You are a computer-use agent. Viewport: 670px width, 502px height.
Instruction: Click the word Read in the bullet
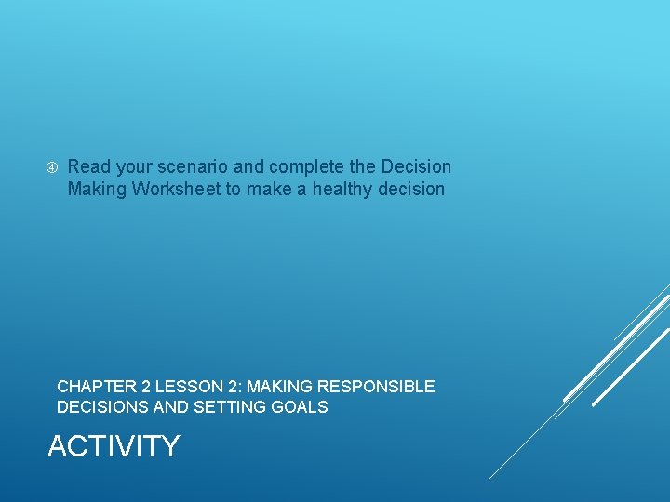pyautogui.click(x=88, y=167)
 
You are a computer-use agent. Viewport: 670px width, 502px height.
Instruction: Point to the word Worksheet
pyautogui.click(x=177, y=190)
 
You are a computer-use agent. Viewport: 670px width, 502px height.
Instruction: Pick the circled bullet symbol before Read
pyautogui.click(x=52, y=168)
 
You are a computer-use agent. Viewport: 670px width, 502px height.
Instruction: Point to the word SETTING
pyautogui.click(x=227, y=407)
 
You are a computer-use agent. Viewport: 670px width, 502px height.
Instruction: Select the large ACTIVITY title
pyautogui.click(x=113, y=446)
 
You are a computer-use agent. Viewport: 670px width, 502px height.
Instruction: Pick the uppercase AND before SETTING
pyautogui.click(x=170, y=407)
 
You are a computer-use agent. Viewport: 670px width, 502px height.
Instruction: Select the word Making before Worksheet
pyautogui.click(x=97, y=190)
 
